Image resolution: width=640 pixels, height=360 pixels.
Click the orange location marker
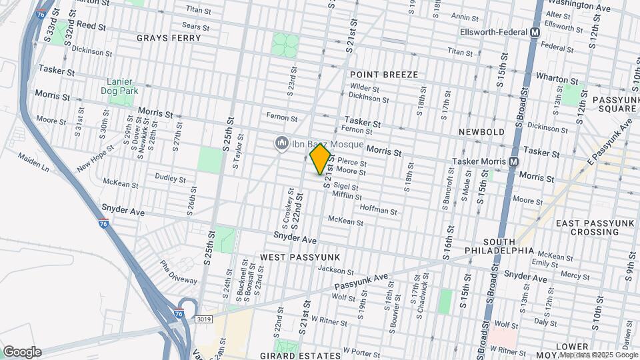[x=321, y=159]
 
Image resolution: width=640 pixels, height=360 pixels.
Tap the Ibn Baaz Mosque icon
[x=281, y=143]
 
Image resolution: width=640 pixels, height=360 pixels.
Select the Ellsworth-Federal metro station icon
[x=535, y=32]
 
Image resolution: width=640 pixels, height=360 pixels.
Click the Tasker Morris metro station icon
[x=514, y=161]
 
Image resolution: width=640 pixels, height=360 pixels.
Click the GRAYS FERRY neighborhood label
[x=169, y=38]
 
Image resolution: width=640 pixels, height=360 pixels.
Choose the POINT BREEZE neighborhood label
[x=384, y=75]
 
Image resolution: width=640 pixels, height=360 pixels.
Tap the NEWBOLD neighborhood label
[x=481, y=132]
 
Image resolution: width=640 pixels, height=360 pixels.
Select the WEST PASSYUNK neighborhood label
[x=300, y=257]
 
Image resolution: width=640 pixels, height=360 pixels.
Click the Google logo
[x=21, y=352]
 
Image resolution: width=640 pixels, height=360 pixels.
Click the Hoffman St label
[x=378, y=210]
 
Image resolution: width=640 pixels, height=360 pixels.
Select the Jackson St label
[x=335, y=270]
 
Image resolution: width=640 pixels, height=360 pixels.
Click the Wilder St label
[x=364, y=89]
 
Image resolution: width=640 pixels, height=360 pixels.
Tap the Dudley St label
[x=170, y=178]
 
